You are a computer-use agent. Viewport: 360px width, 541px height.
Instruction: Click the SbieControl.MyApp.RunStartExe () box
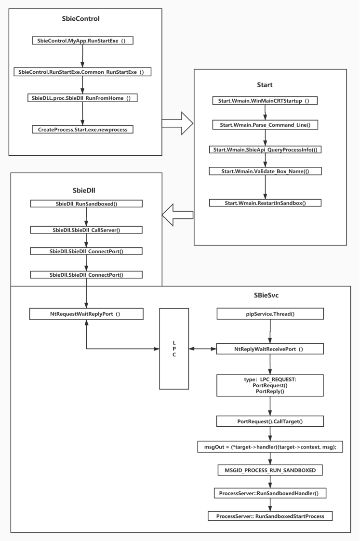coord(83,41)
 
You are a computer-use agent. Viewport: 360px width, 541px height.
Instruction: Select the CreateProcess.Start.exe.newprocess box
coord(83,129)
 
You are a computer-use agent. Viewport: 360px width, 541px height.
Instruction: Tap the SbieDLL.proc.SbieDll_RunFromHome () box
coord(82,98)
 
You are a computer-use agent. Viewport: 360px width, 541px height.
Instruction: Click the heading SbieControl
coord(80,19)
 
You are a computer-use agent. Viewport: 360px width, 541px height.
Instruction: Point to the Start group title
coord(265,85)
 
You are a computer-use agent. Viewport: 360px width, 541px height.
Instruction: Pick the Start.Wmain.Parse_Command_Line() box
coord(265,125)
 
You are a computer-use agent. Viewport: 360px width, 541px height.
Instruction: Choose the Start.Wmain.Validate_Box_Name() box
coord(265,171)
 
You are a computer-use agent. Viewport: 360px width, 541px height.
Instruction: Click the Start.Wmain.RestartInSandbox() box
coord(265,203)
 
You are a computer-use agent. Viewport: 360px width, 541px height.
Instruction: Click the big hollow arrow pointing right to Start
coord(177,123)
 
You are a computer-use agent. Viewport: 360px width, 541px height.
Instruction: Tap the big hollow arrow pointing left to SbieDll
coord(177,215)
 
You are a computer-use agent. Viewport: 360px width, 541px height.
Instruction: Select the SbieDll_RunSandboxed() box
coord(86,203)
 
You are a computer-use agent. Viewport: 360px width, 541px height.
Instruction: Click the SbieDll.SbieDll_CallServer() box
coord(86,230)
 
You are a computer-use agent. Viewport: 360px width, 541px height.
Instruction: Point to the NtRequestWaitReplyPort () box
coord(86,314)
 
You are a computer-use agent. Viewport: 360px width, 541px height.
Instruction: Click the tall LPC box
coord(174,349)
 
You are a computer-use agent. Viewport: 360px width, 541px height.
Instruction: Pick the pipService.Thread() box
coord(270,313)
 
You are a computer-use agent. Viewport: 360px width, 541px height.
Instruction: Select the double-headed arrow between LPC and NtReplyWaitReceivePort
coord(203,349)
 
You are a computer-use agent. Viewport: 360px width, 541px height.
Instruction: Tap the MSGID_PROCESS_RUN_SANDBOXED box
coord(270,470)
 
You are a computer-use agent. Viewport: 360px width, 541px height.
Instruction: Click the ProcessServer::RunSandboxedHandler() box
coord(270,493)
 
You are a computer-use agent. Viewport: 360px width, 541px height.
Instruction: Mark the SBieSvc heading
coord(266,296)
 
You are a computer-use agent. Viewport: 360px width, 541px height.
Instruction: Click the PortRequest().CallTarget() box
coord(270,421)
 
